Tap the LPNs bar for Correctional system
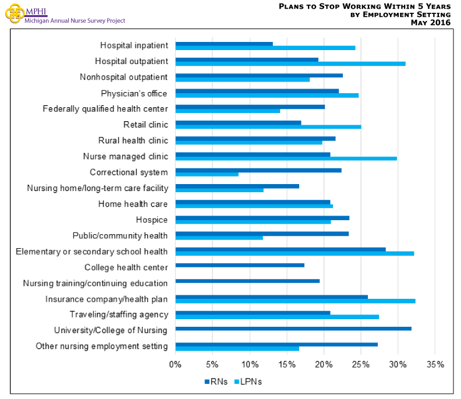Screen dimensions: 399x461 (207, 174)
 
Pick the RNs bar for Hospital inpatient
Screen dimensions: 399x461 (224, 44)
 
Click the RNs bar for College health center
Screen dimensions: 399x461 (239, 265)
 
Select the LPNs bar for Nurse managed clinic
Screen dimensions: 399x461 (286, 158)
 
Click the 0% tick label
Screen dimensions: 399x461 (175, 365)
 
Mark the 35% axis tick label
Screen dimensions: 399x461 (435, 365)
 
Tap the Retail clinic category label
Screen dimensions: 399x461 (146, 124)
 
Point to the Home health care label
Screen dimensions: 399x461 (133, 204)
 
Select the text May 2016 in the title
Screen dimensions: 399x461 (430, 22)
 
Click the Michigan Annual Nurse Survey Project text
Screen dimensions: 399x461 (75, 21)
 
